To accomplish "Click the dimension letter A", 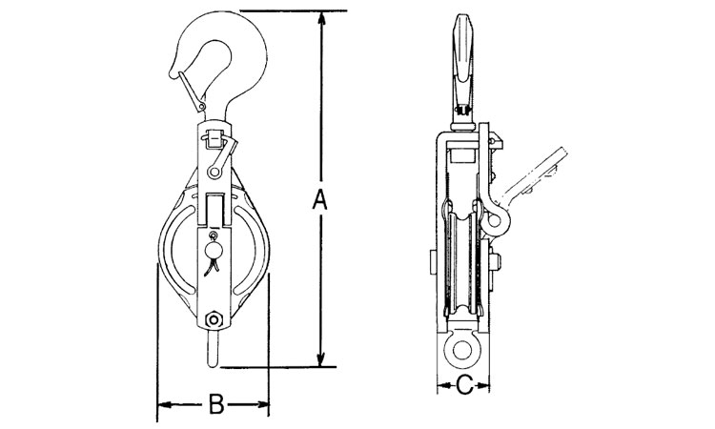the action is (x=319, y=199).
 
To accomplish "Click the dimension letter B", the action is (x=216, y=404).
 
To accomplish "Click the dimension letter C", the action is (x=464, y=386).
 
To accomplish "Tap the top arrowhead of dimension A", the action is (x=322, y=19).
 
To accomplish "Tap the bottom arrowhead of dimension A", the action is (x=321, y=358).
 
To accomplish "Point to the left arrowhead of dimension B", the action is (x=165, y=404).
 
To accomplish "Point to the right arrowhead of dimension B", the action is (x=261, y=404).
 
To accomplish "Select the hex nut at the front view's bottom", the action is (x=214, y=318).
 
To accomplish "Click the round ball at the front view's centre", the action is (x=214, y=251).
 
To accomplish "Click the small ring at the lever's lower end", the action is (x=214, y=172).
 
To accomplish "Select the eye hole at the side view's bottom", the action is (x=462, y=350).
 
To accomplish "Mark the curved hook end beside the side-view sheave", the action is (x=494, y=215).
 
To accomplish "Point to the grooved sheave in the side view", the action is (x=462, y=264).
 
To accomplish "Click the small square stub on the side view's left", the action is (x=433, y=262).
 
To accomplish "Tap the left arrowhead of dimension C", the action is (x=443, y=386).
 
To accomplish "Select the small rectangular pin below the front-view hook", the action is (x=214, y=139).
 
